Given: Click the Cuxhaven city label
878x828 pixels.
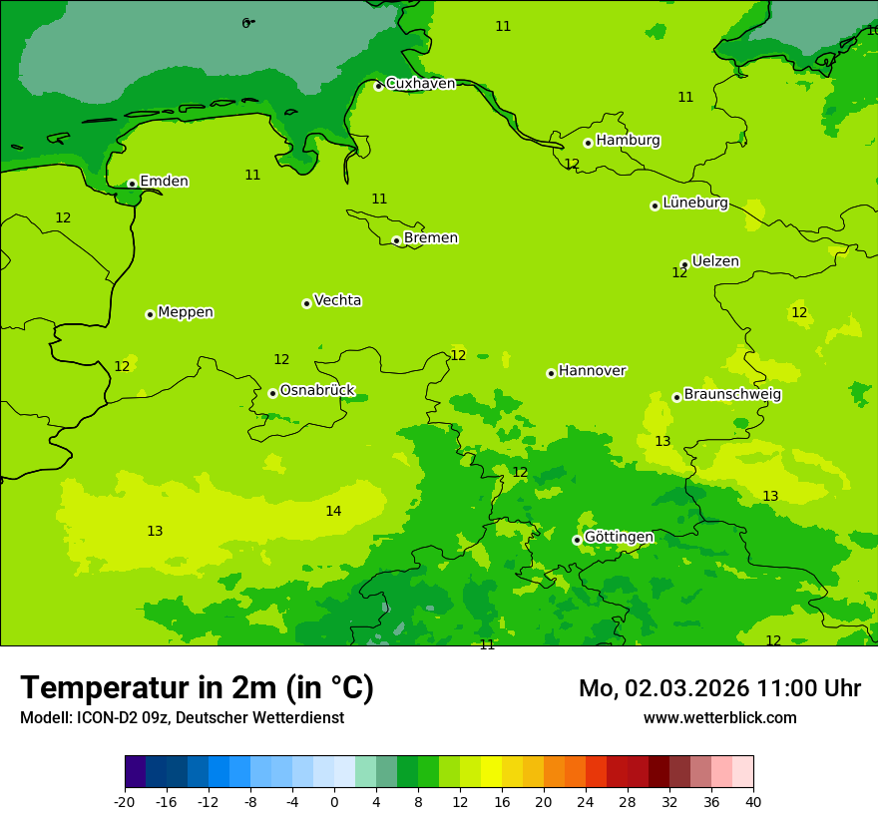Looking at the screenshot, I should click(420, 84).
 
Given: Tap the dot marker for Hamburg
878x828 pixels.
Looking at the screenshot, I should click(588, 143).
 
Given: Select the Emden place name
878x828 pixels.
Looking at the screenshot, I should click(164, 182).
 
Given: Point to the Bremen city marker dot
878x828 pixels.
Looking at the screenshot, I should click(396, 240).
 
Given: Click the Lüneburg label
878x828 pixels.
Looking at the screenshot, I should click(694, 203).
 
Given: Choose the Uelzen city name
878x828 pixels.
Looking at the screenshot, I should click(715, 261).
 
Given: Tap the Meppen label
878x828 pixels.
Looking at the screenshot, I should click(186, 312).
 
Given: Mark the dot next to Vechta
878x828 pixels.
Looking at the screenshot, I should click(306, 303).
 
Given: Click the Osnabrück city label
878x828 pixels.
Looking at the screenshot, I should click(316, 390).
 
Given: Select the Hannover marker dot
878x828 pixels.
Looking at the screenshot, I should click(551, 373).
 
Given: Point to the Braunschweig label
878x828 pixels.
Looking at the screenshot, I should click(732, 394).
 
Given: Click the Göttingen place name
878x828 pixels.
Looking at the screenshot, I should click(619, 537).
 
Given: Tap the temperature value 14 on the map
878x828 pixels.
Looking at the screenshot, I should click(333, 512).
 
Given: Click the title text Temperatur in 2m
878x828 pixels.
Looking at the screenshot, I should click(197, 688).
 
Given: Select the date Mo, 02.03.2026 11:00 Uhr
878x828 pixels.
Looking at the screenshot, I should click(719, 688).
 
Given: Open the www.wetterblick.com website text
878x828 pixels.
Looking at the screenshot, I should click(719, 718).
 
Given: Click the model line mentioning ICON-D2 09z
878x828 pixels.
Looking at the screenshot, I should click(182, 718).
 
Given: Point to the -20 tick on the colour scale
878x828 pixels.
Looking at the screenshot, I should click(125, 802).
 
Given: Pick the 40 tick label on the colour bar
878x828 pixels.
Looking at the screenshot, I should click(752, 802).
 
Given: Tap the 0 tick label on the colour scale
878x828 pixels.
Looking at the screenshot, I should click(334, 802).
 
